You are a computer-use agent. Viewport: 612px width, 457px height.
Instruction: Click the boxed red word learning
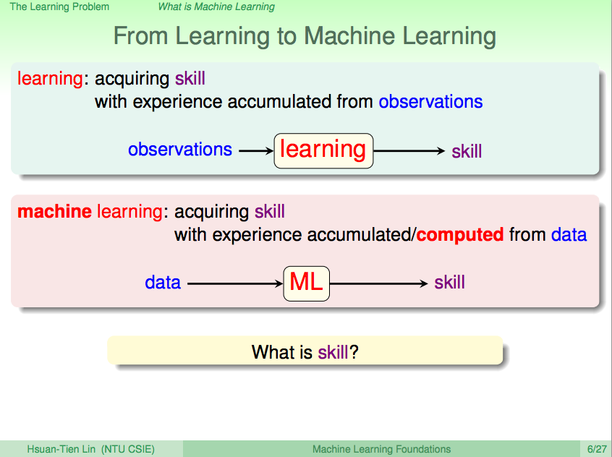[323, 150]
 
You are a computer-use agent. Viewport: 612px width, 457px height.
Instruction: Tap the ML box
[307, 283]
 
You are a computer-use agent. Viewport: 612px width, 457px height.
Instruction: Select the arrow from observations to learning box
[256, 150]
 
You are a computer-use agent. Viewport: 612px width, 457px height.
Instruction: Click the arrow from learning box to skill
[409, 150]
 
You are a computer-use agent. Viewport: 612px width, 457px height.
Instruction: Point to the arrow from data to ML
[235, 283]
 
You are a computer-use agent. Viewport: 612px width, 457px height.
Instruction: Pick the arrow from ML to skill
[379, 283]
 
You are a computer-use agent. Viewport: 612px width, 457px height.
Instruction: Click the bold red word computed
[460, 235]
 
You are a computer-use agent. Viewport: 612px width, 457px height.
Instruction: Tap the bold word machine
[55, 211]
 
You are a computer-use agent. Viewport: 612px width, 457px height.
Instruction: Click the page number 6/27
[597, 449]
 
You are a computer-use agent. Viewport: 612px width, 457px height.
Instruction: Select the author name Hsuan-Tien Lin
[61, 449]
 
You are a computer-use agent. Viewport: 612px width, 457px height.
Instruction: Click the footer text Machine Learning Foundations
[382, 449]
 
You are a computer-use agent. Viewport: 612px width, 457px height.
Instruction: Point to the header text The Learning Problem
[59, 7]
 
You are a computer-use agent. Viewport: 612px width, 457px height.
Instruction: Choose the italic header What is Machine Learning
[216, 7]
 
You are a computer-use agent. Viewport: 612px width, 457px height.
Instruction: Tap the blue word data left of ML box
[163, 282]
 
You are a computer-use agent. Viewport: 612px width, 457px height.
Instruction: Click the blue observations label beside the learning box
[180, 150]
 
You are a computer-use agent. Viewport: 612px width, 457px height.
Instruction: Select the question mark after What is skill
[354, 352]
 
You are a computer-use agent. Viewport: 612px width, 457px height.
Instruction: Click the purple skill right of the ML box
[450, 282]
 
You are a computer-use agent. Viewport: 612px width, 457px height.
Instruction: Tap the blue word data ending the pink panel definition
[569, 235]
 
